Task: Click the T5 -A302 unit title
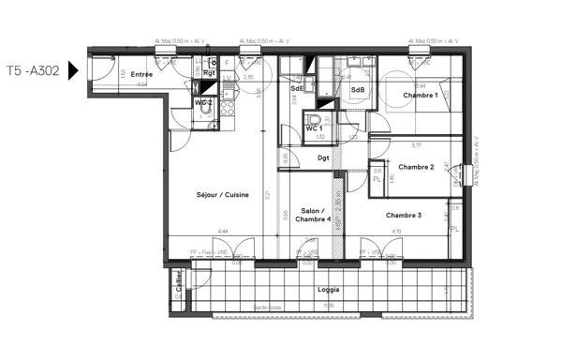(x=33, y=70)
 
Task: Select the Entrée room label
(x=141, y=74)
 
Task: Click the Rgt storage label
(x=209, y=72)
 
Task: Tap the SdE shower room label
(x=295, y=88)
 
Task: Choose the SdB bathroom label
(x=357, y=90)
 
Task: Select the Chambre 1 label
(x=421, y=96)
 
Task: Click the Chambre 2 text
(x=416, y=167)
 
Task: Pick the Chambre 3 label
(x=404, y=216)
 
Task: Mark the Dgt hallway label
(x=323, y=158)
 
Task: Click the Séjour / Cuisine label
(x=222, y=195)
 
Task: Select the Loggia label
(x=327, y=290)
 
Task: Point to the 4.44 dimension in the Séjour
(x=222, y=231)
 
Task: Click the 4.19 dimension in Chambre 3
(x=397, y=231)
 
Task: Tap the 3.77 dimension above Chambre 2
(x=415, y=145)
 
